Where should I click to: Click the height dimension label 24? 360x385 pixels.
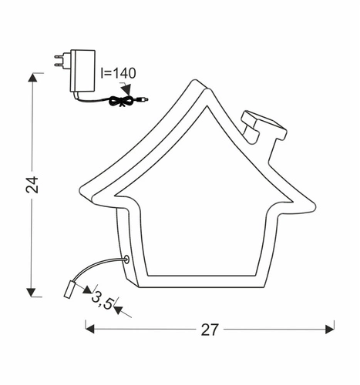click(30, 185)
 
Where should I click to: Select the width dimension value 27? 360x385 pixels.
click(210, 330)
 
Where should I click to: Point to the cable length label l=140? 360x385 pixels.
click(118, 73)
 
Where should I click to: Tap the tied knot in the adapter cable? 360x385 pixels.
click(119, 100)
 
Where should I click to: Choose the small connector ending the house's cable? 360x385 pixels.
click(69, 290)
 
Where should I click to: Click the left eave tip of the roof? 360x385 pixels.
click(83, 192)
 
